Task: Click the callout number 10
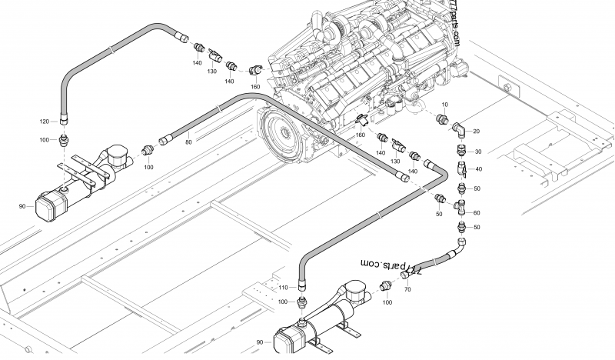pos(444,104)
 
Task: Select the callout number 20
pos(476,132)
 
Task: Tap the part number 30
pos(477,152)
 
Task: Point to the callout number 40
pos(477,169)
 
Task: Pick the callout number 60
pos(477,212)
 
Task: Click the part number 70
pos(407,289)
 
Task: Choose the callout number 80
pos(188,142)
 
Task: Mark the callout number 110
pos(283,287)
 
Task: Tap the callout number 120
pos(45,122)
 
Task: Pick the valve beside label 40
pos(461,169)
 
